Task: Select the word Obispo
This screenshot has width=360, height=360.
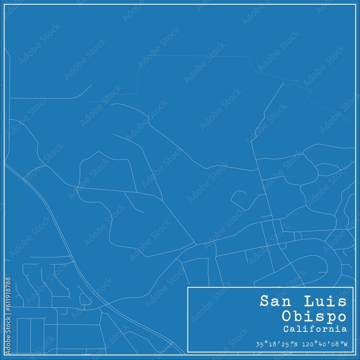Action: tap(314, 316)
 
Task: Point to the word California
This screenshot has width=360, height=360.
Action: tap(315, 329)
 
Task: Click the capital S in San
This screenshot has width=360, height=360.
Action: tap(264, 301)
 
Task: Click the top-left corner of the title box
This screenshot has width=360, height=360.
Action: tap(188, 287)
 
